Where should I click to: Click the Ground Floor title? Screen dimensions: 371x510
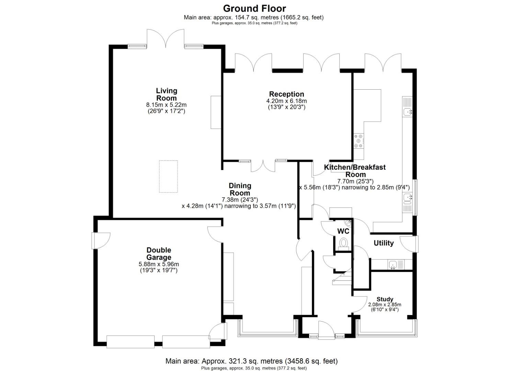click(254, 8)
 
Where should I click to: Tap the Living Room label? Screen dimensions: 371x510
click(167, 94)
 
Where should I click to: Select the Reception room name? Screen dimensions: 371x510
click(286, 94)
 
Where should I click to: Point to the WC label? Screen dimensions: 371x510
click(343, 231)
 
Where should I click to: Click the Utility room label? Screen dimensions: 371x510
click(384, 243)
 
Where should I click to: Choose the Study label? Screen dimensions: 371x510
click(385, 299)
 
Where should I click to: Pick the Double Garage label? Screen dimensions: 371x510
click(159, 254)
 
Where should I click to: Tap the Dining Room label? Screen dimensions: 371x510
click(240, 189)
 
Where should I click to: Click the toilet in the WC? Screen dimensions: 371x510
click(343, 244)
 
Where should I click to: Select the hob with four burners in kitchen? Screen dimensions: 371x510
click(358, 141)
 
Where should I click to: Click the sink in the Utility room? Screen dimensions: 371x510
click(393, 265)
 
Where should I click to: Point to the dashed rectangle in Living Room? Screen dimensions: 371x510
click(168, 177)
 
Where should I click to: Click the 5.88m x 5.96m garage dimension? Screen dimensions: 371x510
click(159, 265)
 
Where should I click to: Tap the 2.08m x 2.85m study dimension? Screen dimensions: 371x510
click(385, 305)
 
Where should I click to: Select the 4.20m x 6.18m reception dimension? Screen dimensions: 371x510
click(286, 101)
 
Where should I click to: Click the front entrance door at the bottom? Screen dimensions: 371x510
click(326, 330)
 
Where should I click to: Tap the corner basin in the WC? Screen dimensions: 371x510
click(349, 223)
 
